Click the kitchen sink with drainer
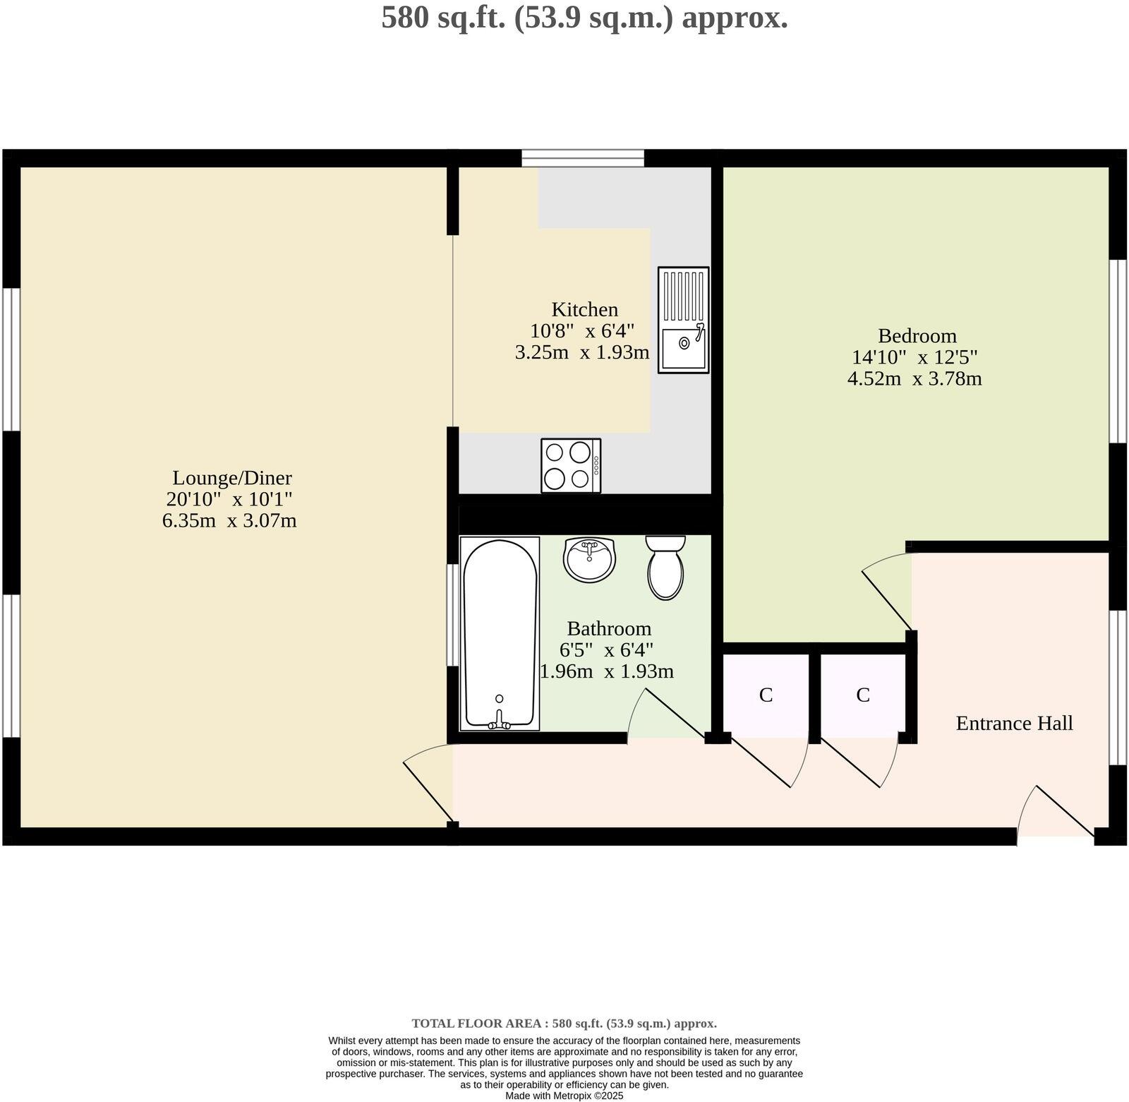[683, 319]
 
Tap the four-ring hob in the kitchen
[571, 465]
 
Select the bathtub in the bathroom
[500, 633]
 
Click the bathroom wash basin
[589, 559]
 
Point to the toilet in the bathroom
[665, 568]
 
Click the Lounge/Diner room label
[232, 478]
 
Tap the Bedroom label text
[917, 335]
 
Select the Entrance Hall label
[1014, 723]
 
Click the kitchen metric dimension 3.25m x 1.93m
[582, 352]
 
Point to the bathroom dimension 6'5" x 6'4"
[611, 649]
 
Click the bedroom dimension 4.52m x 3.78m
[914, 378]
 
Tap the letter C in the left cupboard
[766, 695]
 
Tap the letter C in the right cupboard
[862, 695]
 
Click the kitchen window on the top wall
[583, 158]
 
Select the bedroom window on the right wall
[1118, 351]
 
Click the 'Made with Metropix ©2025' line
[564, 1096]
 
